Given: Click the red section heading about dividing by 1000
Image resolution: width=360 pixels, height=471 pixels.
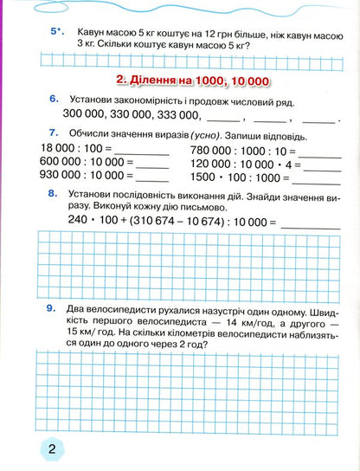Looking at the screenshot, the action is (x=192, y=80).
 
